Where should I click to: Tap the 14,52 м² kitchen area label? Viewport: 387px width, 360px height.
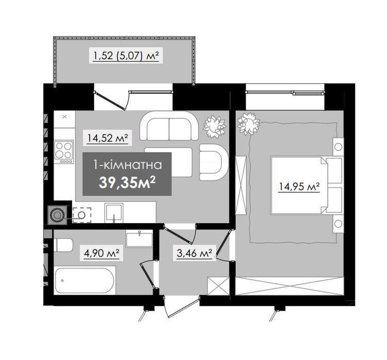click(108, 138)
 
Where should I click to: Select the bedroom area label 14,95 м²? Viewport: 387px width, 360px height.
click(299, 187)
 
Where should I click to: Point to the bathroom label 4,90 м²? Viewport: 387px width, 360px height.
click(102, 253)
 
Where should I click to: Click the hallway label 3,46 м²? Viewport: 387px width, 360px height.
click(195, 253)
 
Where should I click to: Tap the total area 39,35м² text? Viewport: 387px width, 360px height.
click(127, 183)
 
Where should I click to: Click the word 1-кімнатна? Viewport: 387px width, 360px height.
click(127, 165)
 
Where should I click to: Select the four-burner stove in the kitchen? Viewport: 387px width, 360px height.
click(64, 152)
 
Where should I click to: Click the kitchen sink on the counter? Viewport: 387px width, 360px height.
click(114, 212)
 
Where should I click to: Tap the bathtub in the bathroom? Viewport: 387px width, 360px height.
click(85, 280)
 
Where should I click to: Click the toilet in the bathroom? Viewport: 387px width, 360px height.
click(63, 245)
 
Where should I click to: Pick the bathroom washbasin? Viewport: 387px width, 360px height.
click(139, 239)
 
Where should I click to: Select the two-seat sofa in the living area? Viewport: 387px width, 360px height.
click(169, 127)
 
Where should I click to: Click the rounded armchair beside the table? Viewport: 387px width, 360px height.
click(214, 162)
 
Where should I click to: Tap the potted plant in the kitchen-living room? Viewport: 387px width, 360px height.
click(214, 126)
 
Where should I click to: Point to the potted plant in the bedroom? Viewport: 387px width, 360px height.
click(249, 123)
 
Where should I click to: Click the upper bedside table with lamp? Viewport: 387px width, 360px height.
click(338, 147)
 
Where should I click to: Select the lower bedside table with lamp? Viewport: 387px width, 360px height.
click(338, 224)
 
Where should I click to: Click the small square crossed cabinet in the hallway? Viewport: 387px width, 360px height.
click(219, 286)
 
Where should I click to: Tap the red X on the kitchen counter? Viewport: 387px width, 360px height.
click(64, 117)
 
